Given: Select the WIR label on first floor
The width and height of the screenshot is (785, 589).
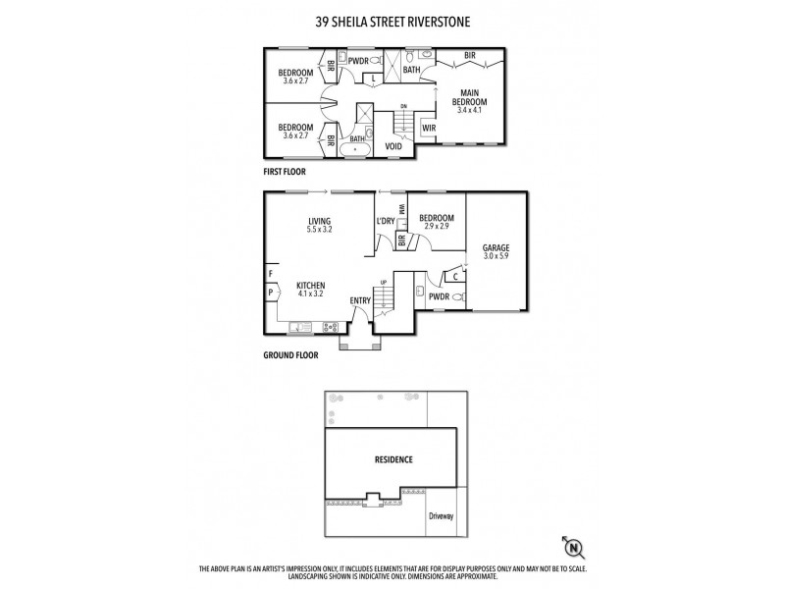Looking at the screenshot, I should [429, 129].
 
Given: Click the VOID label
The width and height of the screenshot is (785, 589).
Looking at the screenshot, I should [394, 146].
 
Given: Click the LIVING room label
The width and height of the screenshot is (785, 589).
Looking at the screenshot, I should [319, 221].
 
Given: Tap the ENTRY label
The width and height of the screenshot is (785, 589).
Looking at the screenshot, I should [361, 300].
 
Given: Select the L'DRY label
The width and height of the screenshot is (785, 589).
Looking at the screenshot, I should [386, 222].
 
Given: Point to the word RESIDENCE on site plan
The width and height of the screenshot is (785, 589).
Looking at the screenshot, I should [392, 459].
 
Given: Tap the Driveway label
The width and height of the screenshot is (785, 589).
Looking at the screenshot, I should [442, 514].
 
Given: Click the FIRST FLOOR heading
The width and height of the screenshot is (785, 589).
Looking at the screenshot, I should [286, 171].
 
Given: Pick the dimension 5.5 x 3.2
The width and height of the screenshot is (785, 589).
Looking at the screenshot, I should [319, 230].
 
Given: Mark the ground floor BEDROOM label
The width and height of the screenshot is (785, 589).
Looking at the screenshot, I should [437, 218].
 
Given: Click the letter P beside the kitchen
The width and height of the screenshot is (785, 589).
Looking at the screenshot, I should [269, 292].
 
